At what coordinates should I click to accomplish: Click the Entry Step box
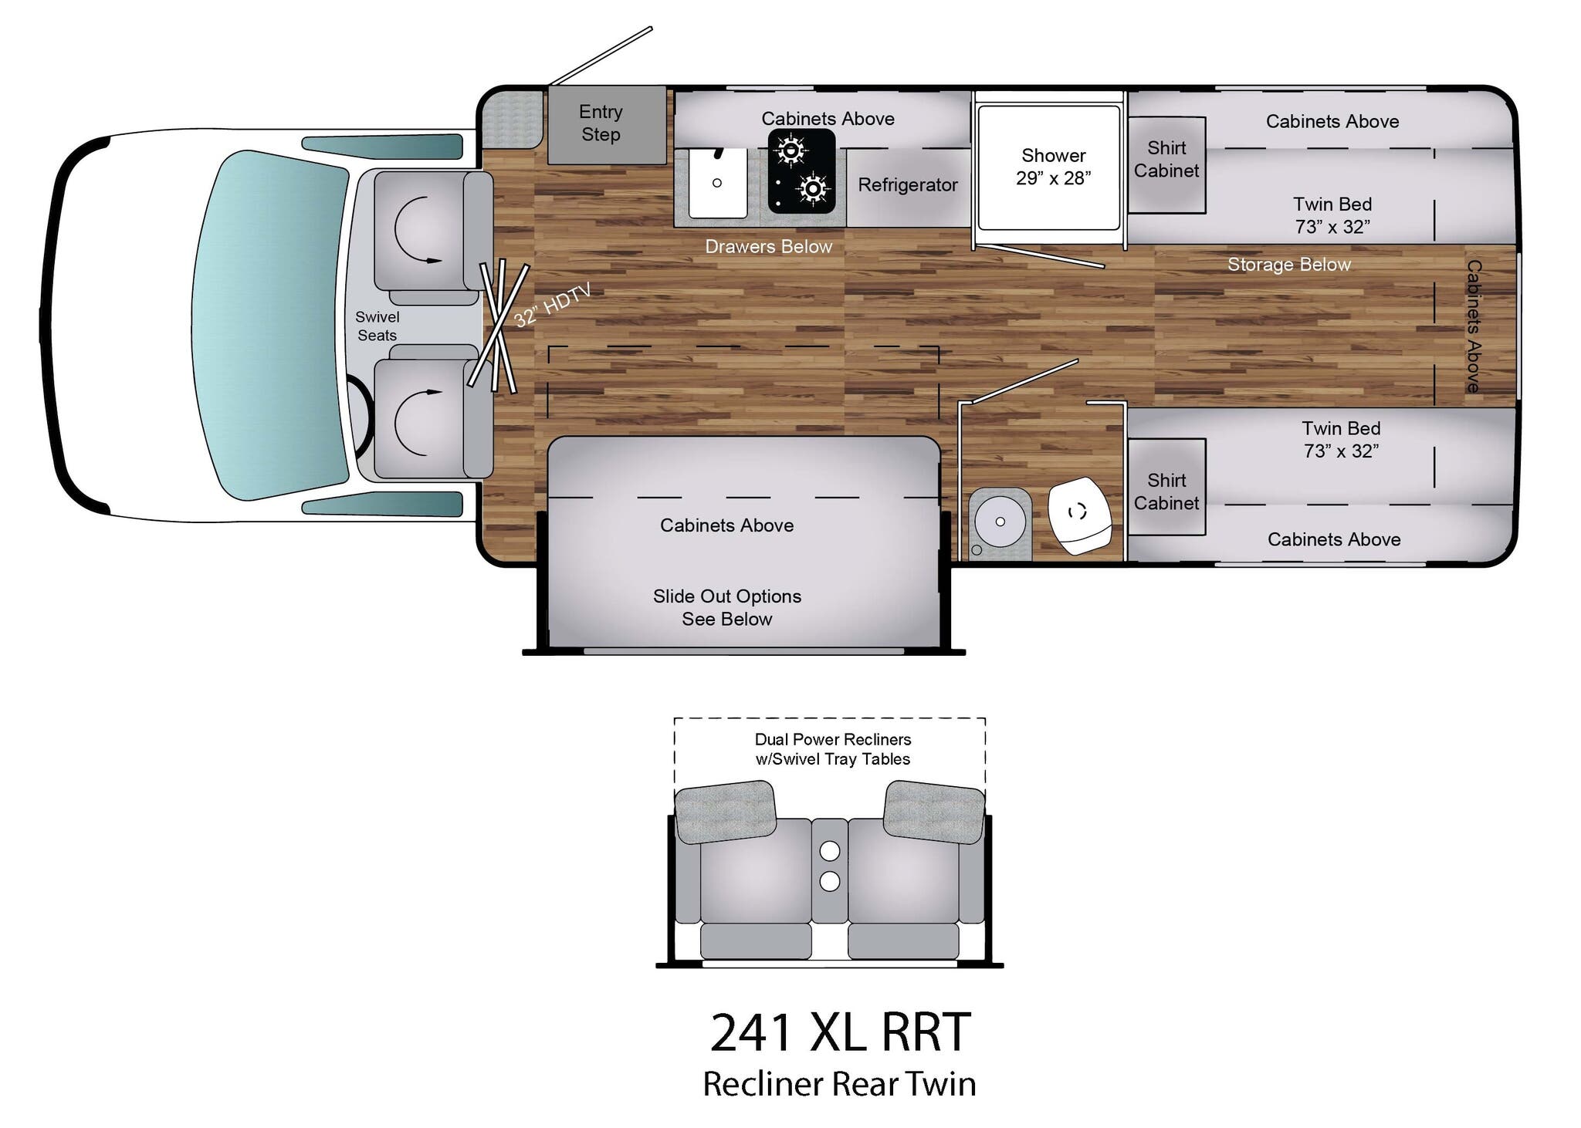point(606,124)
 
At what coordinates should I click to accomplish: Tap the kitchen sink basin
point(717,184)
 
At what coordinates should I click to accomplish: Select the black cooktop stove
point(801,171)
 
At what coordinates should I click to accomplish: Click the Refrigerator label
point(907,185)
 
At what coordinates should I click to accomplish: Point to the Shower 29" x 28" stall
point(1049,167)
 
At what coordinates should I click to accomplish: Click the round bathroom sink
point(1000,522)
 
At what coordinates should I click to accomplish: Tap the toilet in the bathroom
point(1078,513)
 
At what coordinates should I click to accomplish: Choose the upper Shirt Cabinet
point(1166,164)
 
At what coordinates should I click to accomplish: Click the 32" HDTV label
point(553,304)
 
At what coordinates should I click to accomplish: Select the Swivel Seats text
point(377,326)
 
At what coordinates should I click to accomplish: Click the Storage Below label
point(1288,265)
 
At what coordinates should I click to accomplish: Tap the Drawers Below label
point(768,247)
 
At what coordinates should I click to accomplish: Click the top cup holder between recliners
point(829,851)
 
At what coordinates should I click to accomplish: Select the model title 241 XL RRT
point(839,1032)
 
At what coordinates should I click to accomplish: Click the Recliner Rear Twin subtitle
point(839,1084)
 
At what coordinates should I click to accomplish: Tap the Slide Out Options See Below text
point(726,607)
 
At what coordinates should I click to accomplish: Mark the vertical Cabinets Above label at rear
point(1474,326)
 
